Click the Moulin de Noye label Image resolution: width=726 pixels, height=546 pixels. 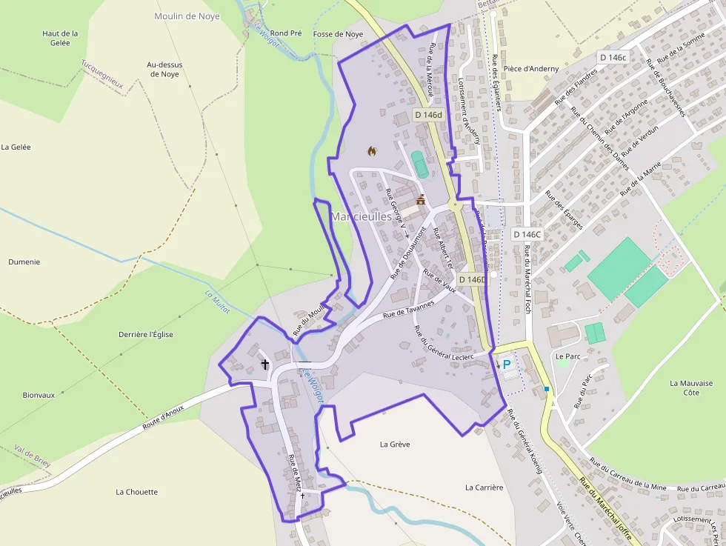coord(187,16)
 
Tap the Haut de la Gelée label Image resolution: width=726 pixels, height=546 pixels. coord(60,38)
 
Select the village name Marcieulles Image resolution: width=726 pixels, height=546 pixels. coord(362,217)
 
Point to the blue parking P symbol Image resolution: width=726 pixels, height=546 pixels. coord(507,364)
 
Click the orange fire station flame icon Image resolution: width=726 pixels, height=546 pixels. coord(372,151)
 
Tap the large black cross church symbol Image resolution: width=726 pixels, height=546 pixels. coord(264,364)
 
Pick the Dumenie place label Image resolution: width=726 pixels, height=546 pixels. coord(24,262)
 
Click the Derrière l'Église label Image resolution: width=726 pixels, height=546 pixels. coord(146,334)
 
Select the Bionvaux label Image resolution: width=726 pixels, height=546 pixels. coord(39,395)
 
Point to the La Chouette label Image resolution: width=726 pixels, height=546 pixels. coord(137,492)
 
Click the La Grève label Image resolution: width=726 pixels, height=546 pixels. coord(395,445)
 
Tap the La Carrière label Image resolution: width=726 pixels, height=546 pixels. coord(484,487)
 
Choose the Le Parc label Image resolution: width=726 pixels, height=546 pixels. coord(568,356)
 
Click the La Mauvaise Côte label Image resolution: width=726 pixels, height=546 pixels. coord(691,387)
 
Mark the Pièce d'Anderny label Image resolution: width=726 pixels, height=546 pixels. coord(531,69)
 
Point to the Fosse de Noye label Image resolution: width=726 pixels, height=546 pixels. coord(339,34)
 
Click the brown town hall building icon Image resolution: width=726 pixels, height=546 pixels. coord(421,199)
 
